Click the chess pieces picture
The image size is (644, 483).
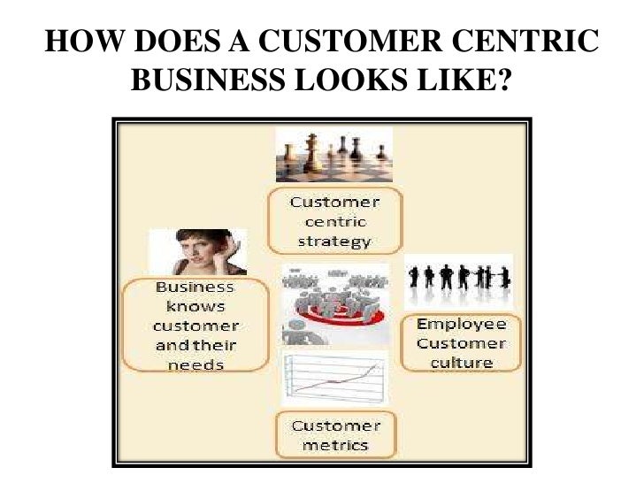pos(333,154)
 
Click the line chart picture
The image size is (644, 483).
pos(334,379)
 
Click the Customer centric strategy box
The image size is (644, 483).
pos(334,219)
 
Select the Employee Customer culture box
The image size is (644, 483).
pos(461,342)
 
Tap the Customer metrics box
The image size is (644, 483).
pos(334,434)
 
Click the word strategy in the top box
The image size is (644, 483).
pos(334,241)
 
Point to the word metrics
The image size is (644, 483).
pos(334,444)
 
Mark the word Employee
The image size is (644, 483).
pos(461,325)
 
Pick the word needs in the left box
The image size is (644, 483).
pos(195,364)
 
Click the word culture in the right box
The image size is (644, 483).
pos(461,362)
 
